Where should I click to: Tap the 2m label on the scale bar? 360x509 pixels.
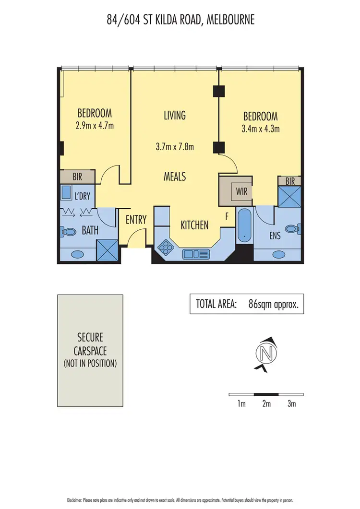pos(266,403)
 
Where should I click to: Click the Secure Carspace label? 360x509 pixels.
pos(90,344)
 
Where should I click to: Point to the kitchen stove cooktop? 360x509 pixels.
pos(166,247)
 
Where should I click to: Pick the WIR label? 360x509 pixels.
pos(241,191)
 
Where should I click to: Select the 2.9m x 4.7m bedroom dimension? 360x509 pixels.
pos(95,126)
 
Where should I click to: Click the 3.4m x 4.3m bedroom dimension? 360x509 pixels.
pos(260,128)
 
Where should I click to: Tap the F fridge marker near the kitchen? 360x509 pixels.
pos(227,216)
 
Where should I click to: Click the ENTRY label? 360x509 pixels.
pos(136,220)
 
